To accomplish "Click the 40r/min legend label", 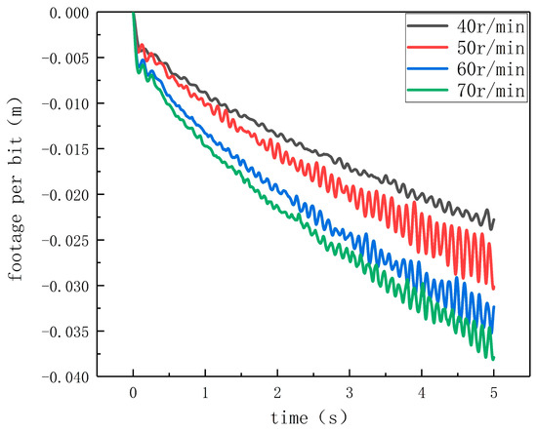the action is point(490,26).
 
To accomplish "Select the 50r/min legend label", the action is point(490,48).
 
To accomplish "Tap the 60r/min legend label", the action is point(490,69).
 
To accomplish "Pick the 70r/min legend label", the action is point(490,91).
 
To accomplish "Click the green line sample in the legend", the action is point(428,91).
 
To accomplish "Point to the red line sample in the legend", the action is point(428,47).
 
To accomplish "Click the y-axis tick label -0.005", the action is point(65,59).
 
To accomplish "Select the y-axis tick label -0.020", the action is point(65,195).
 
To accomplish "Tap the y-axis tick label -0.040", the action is point(65,377).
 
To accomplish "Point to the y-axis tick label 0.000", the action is point(69,13).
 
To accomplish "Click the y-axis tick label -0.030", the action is point(65,286).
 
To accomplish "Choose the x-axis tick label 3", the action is point(350,393).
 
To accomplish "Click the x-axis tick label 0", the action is point(133,393).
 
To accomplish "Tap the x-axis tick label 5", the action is point(493,393).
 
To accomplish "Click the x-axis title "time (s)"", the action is point(309,417).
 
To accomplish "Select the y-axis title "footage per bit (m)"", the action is point(16,189).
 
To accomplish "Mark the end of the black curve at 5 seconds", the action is point(493,219).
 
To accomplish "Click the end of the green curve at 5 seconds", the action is point(493,359).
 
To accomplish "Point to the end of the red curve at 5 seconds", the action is point(493,288).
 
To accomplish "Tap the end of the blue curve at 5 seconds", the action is point(493,307).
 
